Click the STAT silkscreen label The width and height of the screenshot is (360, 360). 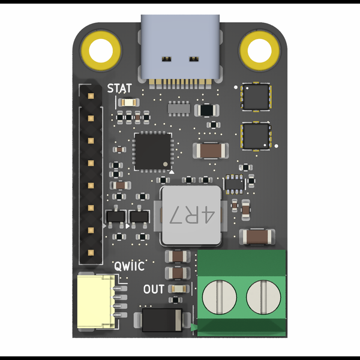click(x=119, y=88)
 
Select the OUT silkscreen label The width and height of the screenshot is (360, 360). click(x=154, y=289)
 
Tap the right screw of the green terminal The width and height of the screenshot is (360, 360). click(x=263, y=296)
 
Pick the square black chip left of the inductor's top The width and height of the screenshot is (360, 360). click(x=152, y=151)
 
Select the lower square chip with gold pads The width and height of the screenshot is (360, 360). click(x=256, y=136)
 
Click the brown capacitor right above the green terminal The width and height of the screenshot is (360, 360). click(x=257, y=237)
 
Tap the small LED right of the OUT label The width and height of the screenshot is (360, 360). click(x=176, y=289)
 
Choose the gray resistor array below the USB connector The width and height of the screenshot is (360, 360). click(x=179, y=108)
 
